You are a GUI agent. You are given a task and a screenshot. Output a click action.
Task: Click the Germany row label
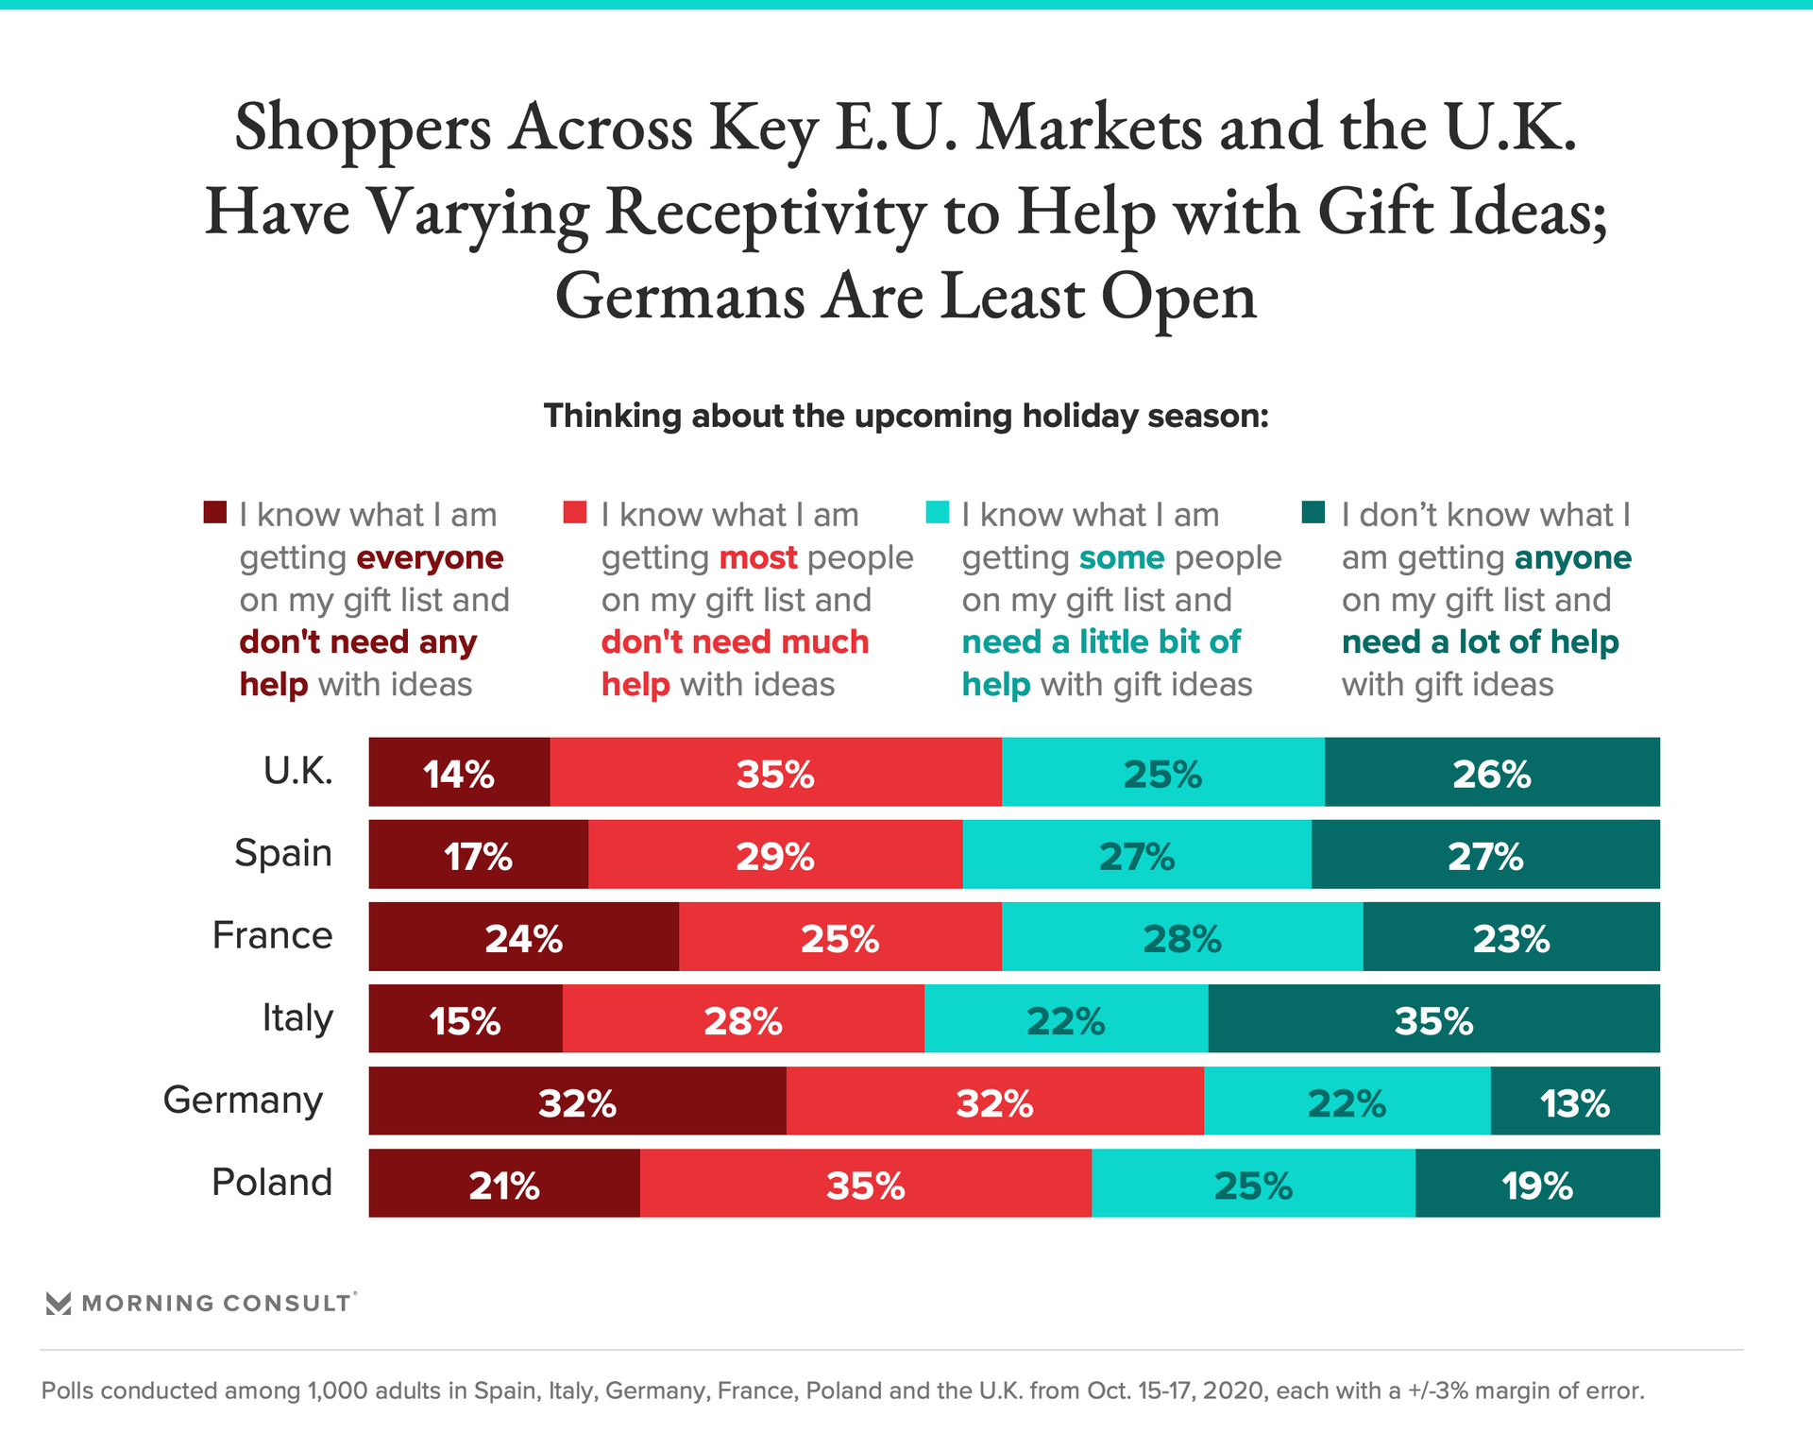(x=243, y=1101)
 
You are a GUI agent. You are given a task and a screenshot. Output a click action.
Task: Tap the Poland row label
(x=272, y=1183)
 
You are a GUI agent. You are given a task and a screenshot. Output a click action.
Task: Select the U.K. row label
(x=297, y=772)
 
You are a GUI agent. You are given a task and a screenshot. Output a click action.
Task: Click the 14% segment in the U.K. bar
(x=459, y=773)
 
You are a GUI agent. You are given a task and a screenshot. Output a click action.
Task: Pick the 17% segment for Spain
(x=478, y=855)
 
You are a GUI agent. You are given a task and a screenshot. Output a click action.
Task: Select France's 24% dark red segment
(x=523, y=937)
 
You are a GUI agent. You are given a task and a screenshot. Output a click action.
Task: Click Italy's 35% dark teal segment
(x=1433, y=1019)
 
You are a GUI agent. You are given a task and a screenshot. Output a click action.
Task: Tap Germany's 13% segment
(x=1575, y=1101)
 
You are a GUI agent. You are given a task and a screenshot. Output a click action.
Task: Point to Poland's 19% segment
(x=1537, y=1184)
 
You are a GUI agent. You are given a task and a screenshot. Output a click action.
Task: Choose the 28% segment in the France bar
(x=1182, y=937)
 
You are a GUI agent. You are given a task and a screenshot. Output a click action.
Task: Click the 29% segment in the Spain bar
(x=775, y=855)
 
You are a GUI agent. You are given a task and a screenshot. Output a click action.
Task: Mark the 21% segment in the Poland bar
(x=504, y=1184)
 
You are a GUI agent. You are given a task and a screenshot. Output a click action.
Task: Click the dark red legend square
(x=215, y=513)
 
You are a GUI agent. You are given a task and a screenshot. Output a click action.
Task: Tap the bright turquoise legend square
(x=937, y=513)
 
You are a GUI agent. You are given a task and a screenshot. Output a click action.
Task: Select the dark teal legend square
(x=1313, y=513)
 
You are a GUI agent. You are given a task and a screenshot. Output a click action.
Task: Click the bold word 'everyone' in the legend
(x=430, y=558)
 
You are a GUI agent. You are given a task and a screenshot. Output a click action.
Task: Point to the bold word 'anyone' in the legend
(x=1572, y=558)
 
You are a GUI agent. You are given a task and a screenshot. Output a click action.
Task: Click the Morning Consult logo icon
(x=59, y=1304)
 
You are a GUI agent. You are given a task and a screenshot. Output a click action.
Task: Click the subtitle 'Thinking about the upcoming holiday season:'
(x=906, y=416)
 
